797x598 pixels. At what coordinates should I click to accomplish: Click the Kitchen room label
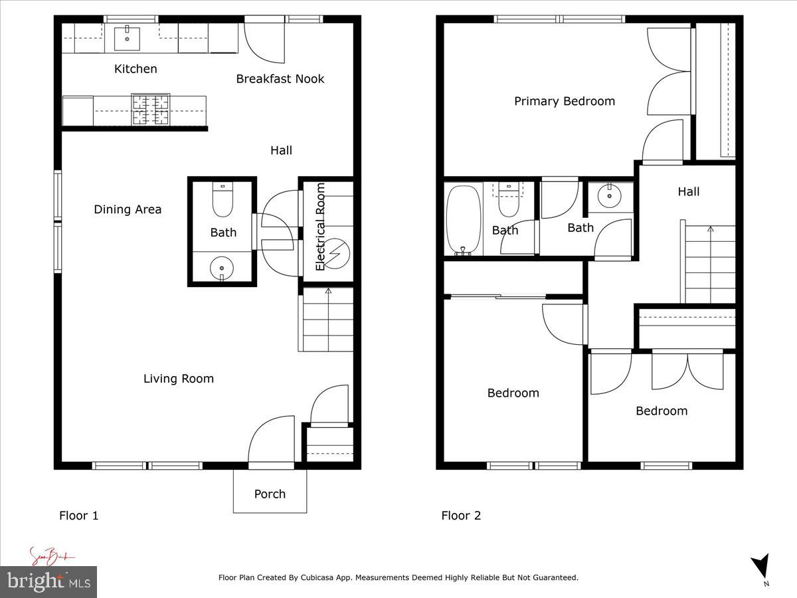coord(135,69)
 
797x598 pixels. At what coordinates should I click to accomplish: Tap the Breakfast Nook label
coord(280,79)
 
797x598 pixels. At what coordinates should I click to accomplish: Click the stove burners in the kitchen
coord(151,110)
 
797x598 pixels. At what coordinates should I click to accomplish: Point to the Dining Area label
coord(128,209)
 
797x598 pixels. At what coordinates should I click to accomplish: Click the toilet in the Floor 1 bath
coord(222,200)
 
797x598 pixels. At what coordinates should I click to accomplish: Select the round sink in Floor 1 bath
coord(222,268)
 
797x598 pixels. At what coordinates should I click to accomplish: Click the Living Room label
coord(179,379)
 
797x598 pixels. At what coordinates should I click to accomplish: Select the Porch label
coord(270,494)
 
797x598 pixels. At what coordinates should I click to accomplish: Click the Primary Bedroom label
coord(565,101)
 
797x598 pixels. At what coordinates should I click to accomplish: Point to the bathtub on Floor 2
coord(463,220)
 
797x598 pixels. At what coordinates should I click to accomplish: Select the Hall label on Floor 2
coord(689,192)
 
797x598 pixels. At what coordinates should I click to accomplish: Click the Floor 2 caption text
coord(461,516)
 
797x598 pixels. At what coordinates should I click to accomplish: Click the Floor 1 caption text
coord(78,516)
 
